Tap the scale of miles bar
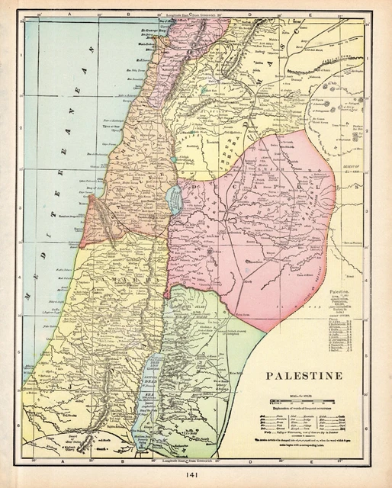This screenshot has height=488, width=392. pos(303,399)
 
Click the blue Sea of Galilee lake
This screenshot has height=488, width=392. pos(175,201)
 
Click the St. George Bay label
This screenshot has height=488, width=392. pos(153,32)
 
